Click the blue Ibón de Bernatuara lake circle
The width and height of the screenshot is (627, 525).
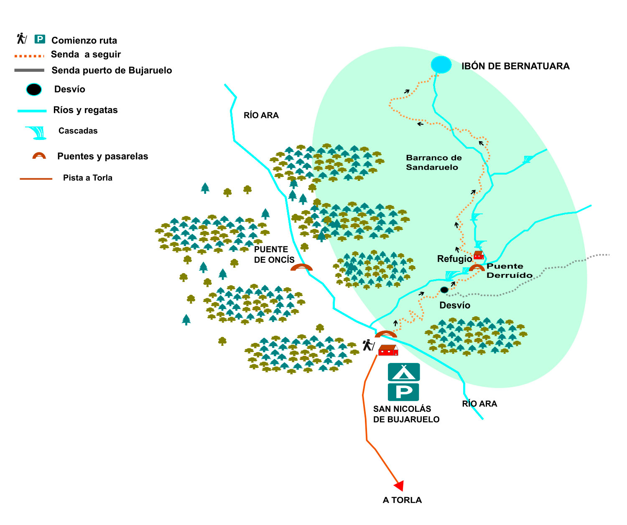point(441,65)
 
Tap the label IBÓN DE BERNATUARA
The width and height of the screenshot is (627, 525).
point(515,66)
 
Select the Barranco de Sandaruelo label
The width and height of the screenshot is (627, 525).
point(434,162)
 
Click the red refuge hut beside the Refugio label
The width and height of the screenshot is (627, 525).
point(478,255)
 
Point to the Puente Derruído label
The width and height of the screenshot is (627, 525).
point(510,271)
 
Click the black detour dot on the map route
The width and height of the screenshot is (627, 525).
point(444,290)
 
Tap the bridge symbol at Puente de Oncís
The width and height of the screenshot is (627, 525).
point(301,267)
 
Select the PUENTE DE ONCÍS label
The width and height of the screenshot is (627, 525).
point(274,254)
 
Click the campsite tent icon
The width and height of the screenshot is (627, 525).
point(403,372)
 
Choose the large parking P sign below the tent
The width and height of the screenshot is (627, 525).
point(403,392)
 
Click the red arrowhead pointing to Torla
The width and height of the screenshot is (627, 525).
point(399,486)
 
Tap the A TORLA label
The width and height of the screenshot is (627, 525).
point(402,500)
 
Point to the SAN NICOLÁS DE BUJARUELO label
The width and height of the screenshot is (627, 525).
point(406,414)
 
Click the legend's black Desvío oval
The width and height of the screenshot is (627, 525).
point(34,89)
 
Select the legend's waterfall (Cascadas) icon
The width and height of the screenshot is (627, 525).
point(36,132)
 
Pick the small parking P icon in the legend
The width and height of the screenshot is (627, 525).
point(40,39)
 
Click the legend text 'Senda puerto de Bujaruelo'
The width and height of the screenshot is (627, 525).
point(112,70)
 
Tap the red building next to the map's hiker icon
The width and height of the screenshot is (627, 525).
point(388,350)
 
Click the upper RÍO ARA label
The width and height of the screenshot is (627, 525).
point(261,115)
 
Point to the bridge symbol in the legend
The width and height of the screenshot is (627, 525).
point(39,156)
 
